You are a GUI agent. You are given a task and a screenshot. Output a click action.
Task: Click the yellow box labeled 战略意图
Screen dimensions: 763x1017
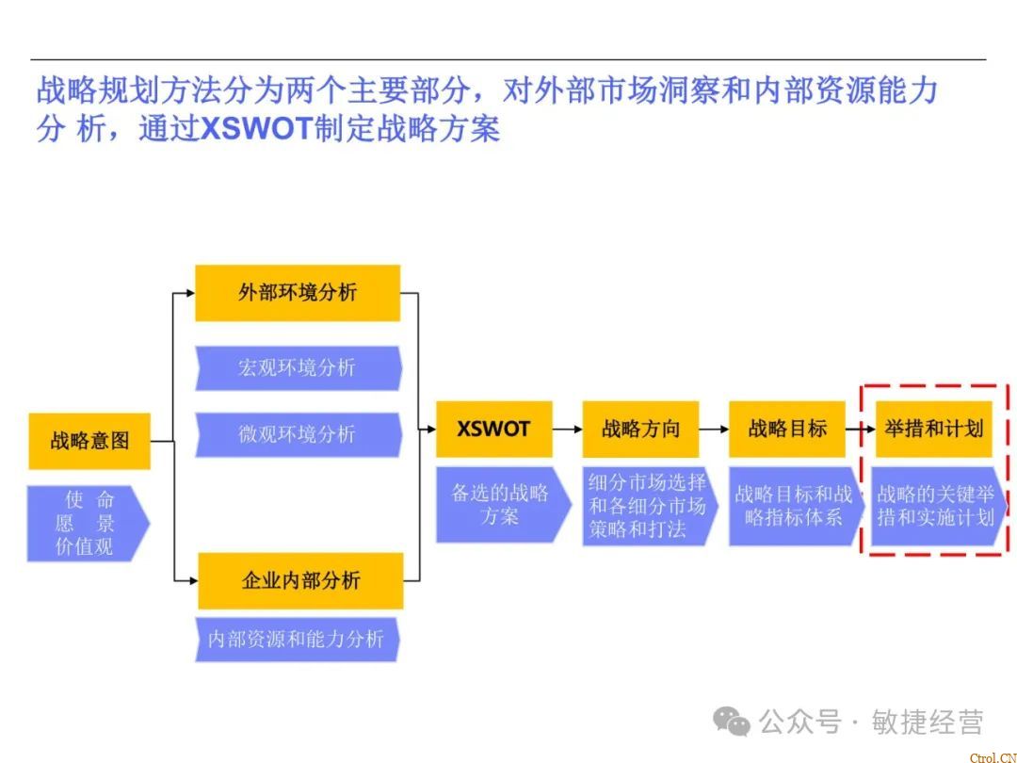click(89, 440)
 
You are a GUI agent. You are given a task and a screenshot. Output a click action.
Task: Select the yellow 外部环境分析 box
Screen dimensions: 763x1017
click(298, 292)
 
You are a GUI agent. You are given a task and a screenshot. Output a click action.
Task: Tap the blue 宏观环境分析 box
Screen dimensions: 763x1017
click(298, 367)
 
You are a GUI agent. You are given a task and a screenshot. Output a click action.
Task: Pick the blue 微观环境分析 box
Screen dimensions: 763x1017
click(298, 434)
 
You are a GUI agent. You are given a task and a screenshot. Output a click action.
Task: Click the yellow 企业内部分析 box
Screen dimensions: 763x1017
click(300, 580)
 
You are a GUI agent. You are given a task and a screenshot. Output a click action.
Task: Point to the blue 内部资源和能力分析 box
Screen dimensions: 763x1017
click(297, 639)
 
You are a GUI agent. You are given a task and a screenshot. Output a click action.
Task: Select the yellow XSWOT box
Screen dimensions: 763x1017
click(493, 430)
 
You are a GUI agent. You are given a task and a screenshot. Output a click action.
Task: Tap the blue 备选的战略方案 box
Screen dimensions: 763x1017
click(500, 504)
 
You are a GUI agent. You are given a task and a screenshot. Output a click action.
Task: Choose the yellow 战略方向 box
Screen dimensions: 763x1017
click(640, 430)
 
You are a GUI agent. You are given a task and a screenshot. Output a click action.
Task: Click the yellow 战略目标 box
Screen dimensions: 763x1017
click(787, 430)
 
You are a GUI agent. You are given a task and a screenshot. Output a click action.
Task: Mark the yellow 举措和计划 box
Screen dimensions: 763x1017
click(933, 430)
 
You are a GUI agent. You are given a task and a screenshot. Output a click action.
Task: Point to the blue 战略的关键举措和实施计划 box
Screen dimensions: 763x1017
click(935, 506)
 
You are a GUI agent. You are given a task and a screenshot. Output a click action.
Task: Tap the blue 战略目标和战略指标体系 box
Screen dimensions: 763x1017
click(793, 506)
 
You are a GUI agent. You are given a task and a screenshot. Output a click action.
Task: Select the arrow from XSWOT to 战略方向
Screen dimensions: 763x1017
click(567, 430)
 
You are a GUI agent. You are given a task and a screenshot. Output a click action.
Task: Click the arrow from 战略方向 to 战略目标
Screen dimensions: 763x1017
click(714, 430)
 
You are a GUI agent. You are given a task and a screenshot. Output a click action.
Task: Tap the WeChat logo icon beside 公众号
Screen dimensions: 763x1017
click(732, 722)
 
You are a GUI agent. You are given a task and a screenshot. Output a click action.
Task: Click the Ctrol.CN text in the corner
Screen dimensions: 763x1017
click(992, 756)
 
